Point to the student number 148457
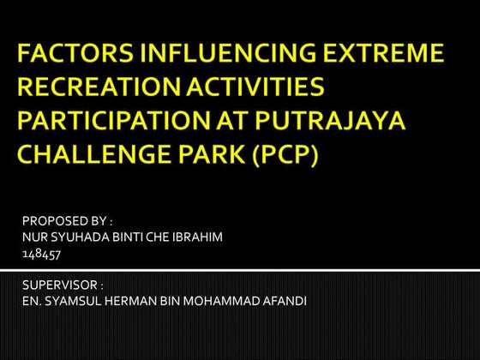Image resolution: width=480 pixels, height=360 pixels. click(x=41, y=253)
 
